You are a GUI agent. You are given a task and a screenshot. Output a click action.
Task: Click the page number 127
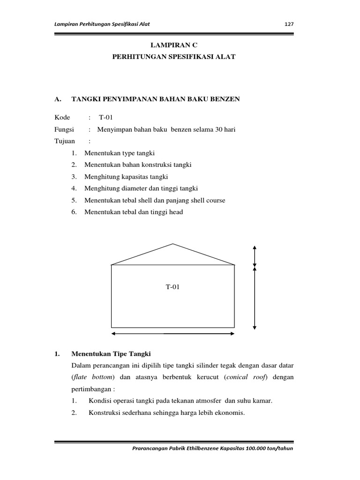click(x=289, y=24)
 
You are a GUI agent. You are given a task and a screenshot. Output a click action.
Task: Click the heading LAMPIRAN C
click(x=173, y=45)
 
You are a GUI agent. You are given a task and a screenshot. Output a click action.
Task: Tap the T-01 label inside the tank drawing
click(x=172, y=287)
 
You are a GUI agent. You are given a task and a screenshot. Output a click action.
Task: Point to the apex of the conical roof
click(x=173, y=244)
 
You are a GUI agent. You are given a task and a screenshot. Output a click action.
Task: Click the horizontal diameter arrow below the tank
click(x=173, y=334)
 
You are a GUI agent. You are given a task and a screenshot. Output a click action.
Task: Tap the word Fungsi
click(x=64, y=129)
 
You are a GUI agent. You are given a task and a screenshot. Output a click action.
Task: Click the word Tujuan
click(x=64, y=141)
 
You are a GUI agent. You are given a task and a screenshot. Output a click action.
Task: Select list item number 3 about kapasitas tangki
click(x=126, y=177)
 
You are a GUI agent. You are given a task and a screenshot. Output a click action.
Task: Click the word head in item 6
click(x=175, y=212)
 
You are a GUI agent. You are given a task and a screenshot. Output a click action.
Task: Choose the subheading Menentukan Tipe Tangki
click(x=111, y=353)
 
